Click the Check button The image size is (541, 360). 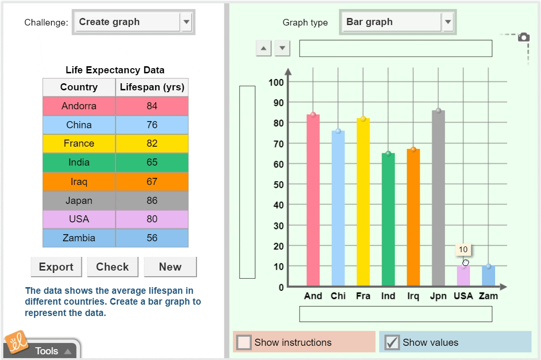(x=112, y=267)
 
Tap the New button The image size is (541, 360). (x=170, y=267)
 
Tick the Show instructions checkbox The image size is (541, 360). (x=244, y=342)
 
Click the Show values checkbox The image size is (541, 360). (x=391, y=342)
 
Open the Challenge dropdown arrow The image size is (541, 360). (x=186, y=22)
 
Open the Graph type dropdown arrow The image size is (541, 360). (x=448, y=22)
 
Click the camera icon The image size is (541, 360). (x=523, y=37)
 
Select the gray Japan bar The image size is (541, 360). (x=438, y=199)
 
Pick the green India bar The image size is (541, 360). (x=388, y=220)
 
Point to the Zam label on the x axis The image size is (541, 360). (x=488, y=296)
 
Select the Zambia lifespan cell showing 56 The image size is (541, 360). (x=152, y=238)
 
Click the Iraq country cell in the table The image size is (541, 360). (x=79, y=182)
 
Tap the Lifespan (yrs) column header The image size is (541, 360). (x=152, y=87)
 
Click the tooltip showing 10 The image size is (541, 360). (x=463, y=250)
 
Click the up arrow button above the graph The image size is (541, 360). (x=264, y=48)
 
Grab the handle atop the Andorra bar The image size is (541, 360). (x=313, y=115)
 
